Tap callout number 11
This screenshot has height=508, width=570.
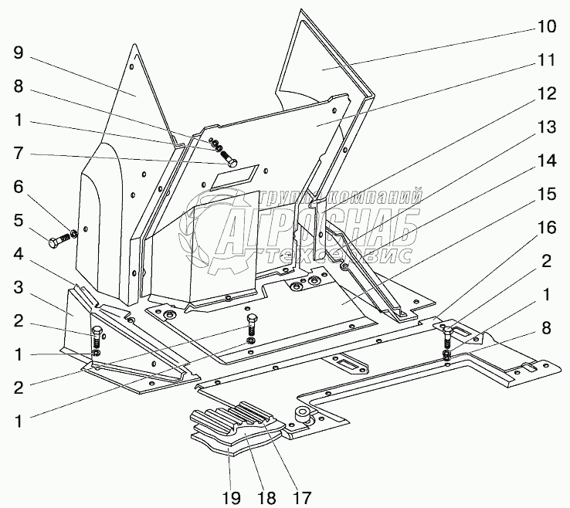(x=545, y=59)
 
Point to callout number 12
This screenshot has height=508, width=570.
(x=545, y=93)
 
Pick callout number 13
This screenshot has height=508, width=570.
(x=545, y=127)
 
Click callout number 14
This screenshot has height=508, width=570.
(x=545, y=161)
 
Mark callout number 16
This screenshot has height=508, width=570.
(x=545, y=229)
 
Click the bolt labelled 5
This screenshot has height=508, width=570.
(x=59, y=242)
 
